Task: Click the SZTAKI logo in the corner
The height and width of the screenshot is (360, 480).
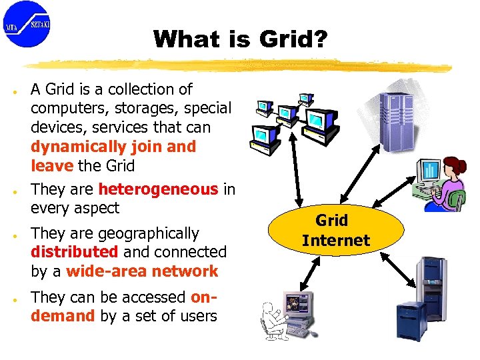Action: click(x=27, y=25)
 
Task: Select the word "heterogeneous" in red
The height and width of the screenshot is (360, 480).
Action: click(x=158, y=189)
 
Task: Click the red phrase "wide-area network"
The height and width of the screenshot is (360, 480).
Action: click(x=142, y=271)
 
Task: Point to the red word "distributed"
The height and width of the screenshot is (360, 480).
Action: click(x=74, y=252)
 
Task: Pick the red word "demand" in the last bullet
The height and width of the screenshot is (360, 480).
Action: click(x=63, y=316)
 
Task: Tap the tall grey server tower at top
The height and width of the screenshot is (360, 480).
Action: click(x=397, y=120)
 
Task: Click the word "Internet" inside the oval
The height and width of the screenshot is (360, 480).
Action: click(x=335, y=240)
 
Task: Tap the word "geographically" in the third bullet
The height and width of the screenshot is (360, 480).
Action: click(x=148, y=233)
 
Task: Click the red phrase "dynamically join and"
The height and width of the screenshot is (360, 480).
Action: click(x=113, y=147)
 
